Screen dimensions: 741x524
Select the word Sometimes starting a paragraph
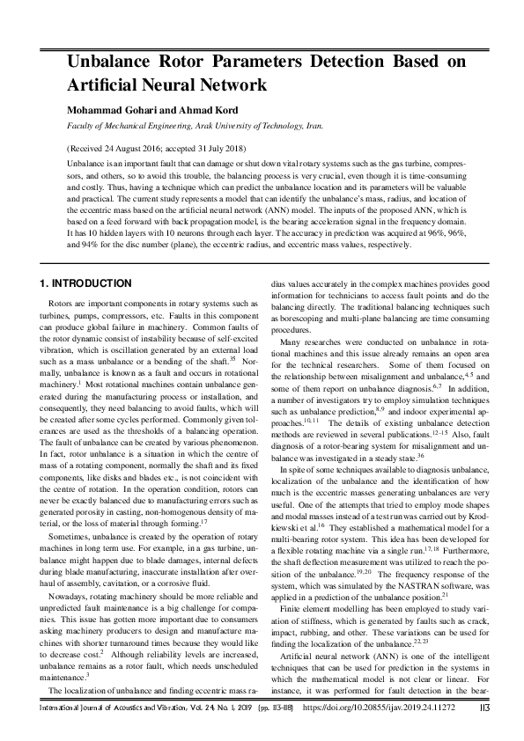(70, 510)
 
